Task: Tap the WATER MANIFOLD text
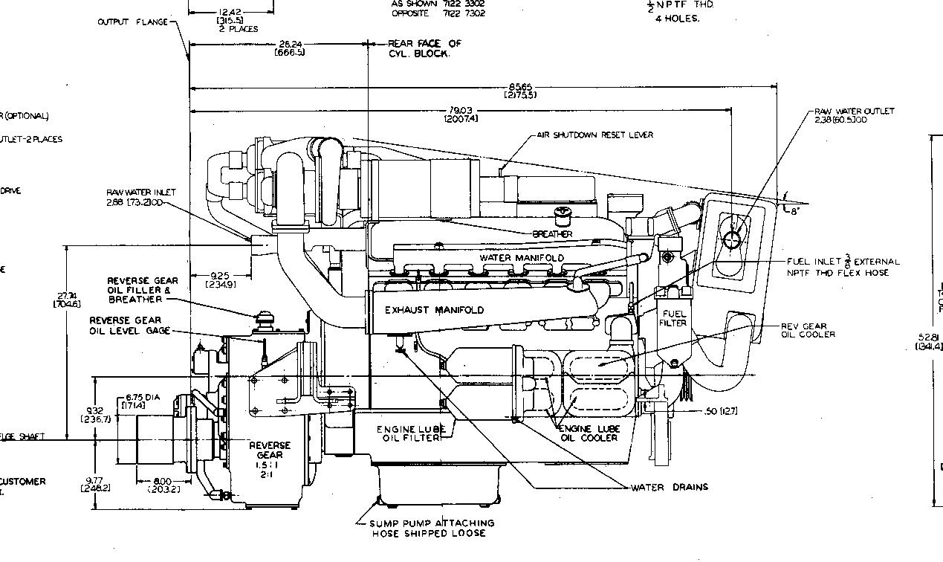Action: coord(522,258)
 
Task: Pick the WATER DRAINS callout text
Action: coord(669,488)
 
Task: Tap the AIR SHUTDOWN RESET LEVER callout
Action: coord(594,135)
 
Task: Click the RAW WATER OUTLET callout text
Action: coord(854,115)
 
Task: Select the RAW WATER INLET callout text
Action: coord(141,197)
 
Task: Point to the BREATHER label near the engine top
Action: coord(553,234)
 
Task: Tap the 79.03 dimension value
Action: coord(461,115)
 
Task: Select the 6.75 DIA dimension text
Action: coord(143,401)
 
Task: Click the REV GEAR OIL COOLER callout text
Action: coord(808,330)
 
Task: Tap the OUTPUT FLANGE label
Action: coord(134,22)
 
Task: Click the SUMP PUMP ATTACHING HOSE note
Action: coord(431,528)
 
